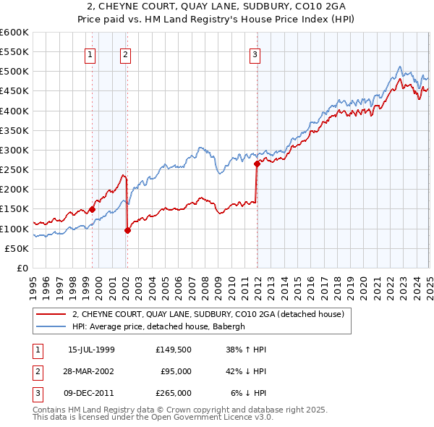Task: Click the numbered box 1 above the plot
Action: click(x=90, y=53)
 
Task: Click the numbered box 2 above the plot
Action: click(x=125, y=53)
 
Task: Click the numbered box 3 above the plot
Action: click(x=255, y=53)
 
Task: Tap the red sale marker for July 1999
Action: click(x=92, y=209)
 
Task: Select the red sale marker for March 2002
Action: click(x=127, y=231)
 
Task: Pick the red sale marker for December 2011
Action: click(x=256, y=164)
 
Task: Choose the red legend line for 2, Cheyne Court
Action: click(x=51, y=314)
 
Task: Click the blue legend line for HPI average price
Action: click(x=51, y=326)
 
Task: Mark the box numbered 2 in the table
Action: click(x=36, y=372)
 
